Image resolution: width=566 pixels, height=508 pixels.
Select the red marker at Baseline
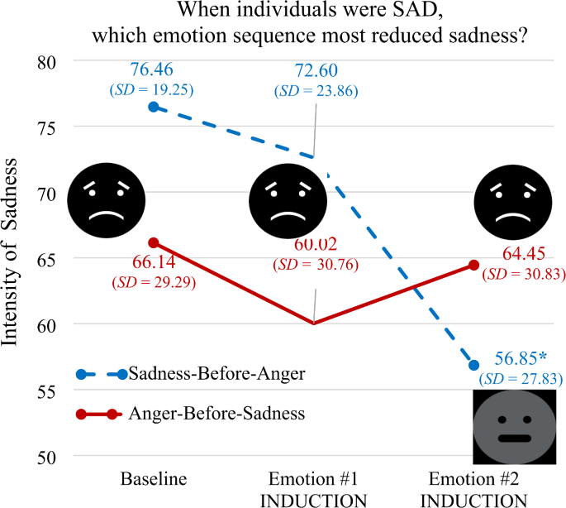pyautogui.click(x=153, y=243)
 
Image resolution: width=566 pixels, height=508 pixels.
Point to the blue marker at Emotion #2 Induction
pyautogui.click(x=473, y=365)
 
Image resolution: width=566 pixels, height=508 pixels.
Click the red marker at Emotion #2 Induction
pyautogui.click(x=473, y=266)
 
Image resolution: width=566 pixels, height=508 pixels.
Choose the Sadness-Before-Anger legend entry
pyautogui.click(x=216, y=374)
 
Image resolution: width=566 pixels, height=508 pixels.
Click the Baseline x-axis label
pyautogui.click(x=152, y=478)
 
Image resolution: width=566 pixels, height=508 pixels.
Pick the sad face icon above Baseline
pyautogui.click(x=103, y=199)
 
